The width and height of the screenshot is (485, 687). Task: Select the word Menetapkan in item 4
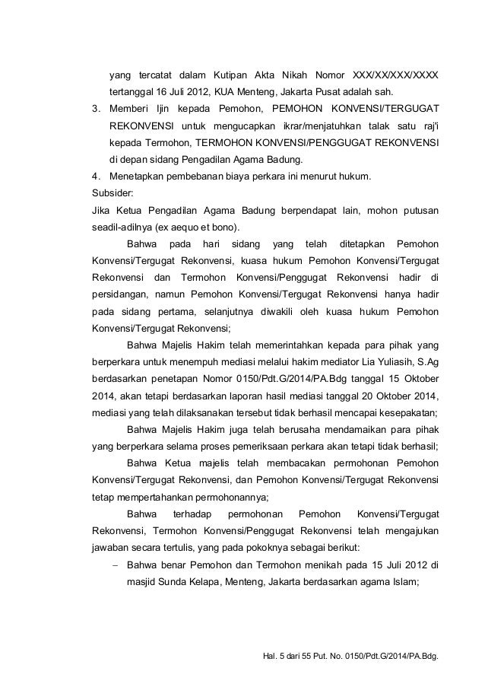137,177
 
